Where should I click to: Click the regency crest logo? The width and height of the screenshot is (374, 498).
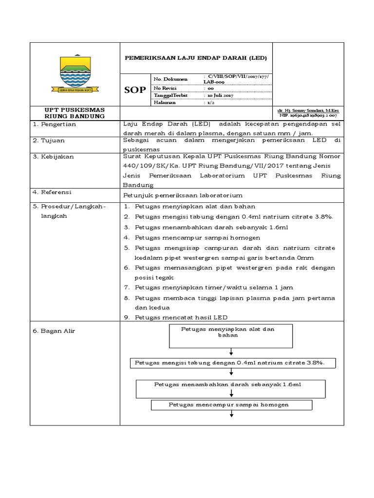pos(75,73)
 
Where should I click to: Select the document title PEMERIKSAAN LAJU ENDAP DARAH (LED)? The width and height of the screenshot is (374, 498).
pos(196,57)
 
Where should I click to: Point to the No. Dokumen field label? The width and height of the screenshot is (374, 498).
pos(167,79)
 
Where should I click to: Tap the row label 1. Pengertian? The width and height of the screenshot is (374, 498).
pos(55,124)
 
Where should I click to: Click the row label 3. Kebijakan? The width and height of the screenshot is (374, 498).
pos(52,157)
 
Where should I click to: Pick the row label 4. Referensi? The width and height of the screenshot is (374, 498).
pos(52,194)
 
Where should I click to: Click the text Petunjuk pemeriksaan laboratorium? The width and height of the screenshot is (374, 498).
pos(183,195)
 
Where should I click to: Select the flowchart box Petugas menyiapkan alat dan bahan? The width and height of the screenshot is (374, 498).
pos(230,333)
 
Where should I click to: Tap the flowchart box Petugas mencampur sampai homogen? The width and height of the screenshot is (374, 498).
pos(231,405)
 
